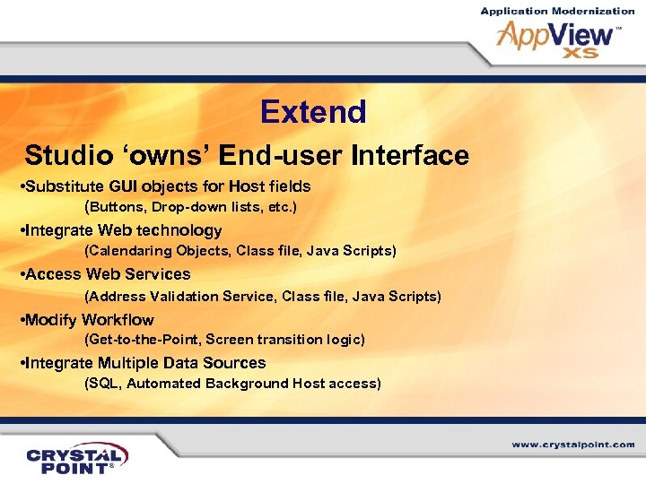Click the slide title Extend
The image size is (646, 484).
[x=313, y=112]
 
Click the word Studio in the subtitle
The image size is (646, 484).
[x=64, y=155]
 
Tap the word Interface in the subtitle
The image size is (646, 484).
[x=410, y=155]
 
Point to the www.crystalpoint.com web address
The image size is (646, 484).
[x=573, y=445]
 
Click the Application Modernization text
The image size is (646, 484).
[x=557, y=11]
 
